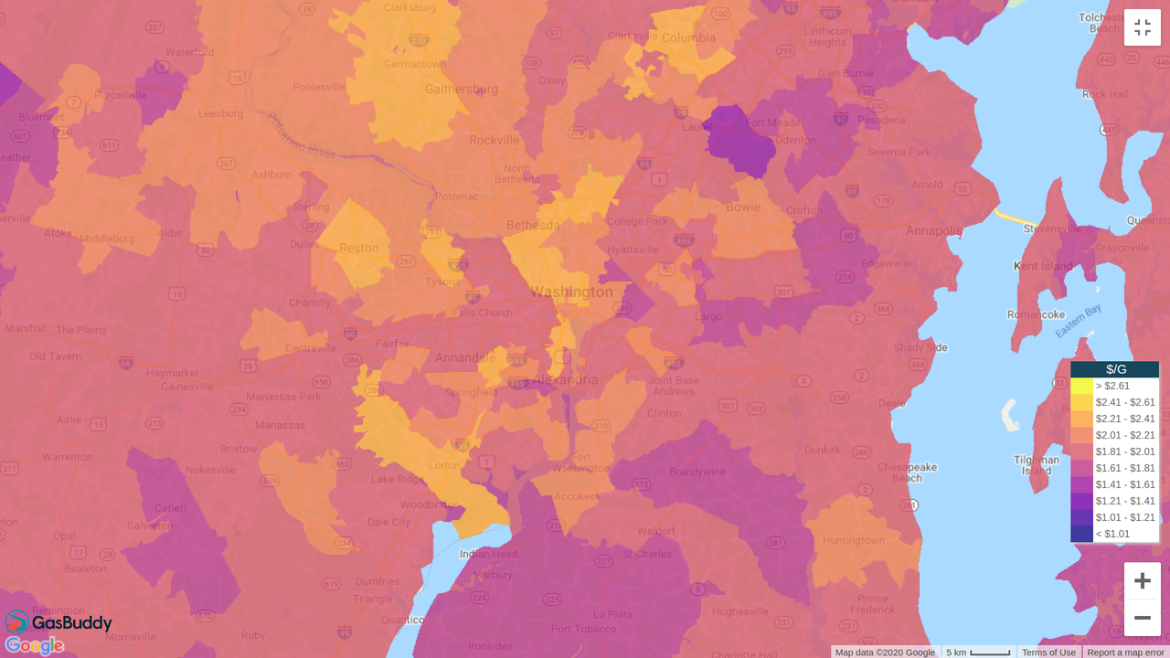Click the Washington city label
point(571,292)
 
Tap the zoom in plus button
point(1142,581)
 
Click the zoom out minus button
point(1142,618)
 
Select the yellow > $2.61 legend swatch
point(1081,386)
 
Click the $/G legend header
point(1115,369)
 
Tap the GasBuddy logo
point(58,623)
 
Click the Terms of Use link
point(1048,652)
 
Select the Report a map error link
point(1125,652)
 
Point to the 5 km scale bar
point(979,652)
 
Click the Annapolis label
point(934,230)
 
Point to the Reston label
point(358,248)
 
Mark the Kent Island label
point(1043,266)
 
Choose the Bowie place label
point(742,207)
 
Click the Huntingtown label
point(853,540)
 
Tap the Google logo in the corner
point(34,646)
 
